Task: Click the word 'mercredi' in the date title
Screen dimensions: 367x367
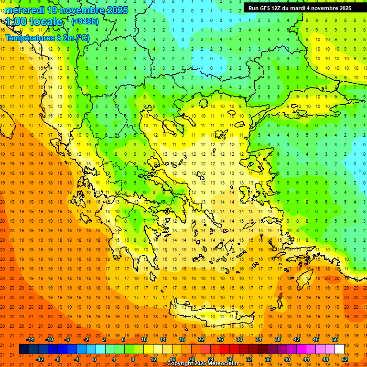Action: click(x=25, y=10)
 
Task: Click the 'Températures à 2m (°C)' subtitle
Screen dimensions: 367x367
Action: click(x=47, y=38)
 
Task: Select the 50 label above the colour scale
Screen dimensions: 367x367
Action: click(x=335, y=339)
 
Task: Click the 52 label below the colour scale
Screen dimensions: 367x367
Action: click(x=345, y=359)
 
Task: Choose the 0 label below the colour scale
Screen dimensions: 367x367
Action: click(x=95, y=359)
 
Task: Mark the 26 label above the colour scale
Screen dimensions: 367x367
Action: click(x=220, y=339)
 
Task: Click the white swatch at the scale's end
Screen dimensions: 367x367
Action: click(x=339, y=349)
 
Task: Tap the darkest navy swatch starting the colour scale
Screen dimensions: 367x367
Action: click(x=24, y=349)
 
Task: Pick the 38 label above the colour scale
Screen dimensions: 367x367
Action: click(x=278, y=339)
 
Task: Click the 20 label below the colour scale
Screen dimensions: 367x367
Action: click(x=192, y=359)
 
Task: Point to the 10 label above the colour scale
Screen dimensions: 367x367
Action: click(x=144, y=339)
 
